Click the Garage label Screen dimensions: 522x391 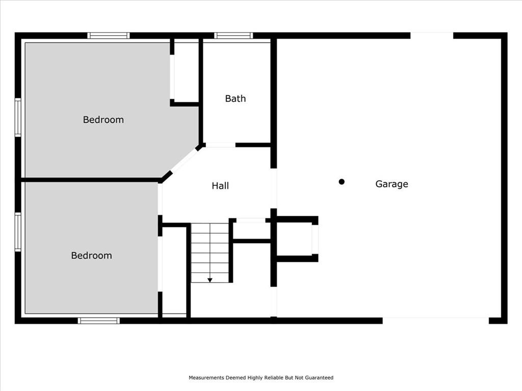(x=391, y=184)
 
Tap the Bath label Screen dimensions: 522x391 (x=236, y=98)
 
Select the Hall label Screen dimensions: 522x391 (x=220, y=185)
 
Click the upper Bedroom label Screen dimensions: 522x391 (x=103, y=120)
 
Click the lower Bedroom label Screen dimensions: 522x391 (x=92, y=256)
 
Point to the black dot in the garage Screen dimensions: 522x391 (x=342, y=182)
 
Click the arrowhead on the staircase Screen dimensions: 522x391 (x=210, y=281)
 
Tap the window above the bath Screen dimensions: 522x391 (x=233, y=36)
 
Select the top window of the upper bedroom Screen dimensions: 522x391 (x=109, y=36)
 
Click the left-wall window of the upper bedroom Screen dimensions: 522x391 (x=18, y=118)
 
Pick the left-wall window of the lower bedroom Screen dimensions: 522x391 (x=18, y=232)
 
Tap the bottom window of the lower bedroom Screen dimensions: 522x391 (x=98, y=321)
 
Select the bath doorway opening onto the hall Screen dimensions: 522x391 (x=220, y=145)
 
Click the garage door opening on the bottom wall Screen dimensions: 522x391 (x=435, y=321)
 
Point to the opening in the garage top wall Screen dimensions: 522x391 (x=432, y=36)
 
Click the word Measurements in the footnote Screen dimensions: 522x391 (x=206, y=378)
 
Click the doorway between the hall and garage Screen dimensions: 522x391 (x=274, y=188)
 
